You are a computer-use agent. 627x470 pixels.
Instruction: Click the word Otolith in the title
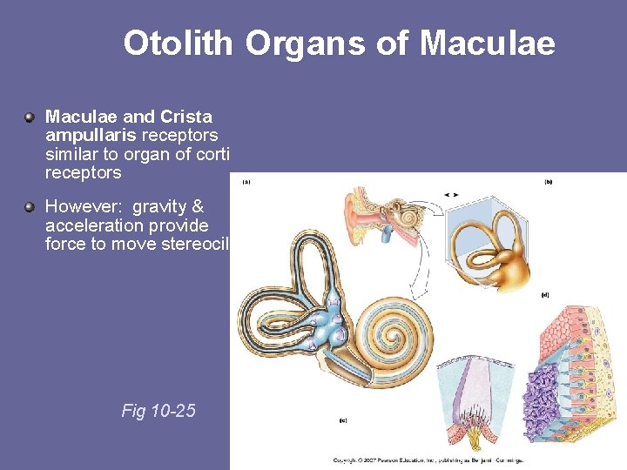point(178,43)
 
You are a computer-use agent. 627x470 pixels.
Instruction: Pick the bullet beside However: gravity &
point(30,207)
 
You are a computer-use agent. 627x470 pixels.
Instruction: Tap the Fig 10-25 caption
point(158,410)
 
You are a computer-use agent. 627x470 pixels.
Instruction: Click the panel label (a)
point(247,182)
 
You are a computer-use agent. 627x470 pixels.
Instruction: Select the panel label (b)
point(549,182)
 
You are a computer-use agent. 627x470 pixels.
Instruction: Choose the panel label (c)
point(343,421)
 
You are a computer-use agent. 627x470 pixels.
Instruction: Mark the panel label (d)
point(545,295)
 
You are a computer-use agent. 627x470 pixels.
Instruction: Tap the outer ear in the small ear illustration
point(357,218)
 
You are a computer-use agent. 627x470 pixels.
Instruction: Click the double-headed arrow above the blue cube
point(452,193)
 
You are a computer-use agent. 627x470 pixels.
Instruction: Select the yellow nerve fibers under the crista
point(474,431)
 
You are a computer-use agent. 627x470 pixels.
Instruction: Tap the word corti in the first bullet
point(211,154)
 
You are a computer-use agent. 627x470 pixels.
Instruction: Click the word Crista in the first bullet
point(186,117)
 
